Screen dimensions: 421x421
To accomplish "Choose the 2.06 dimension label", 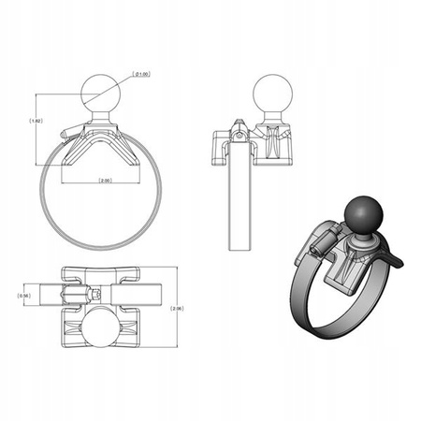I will pos(178,306).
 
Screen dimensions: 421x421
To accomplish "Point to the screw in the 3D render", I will pos(321,244).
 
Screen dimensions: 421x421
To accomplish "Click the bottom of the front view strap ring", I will pos(98,246).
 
